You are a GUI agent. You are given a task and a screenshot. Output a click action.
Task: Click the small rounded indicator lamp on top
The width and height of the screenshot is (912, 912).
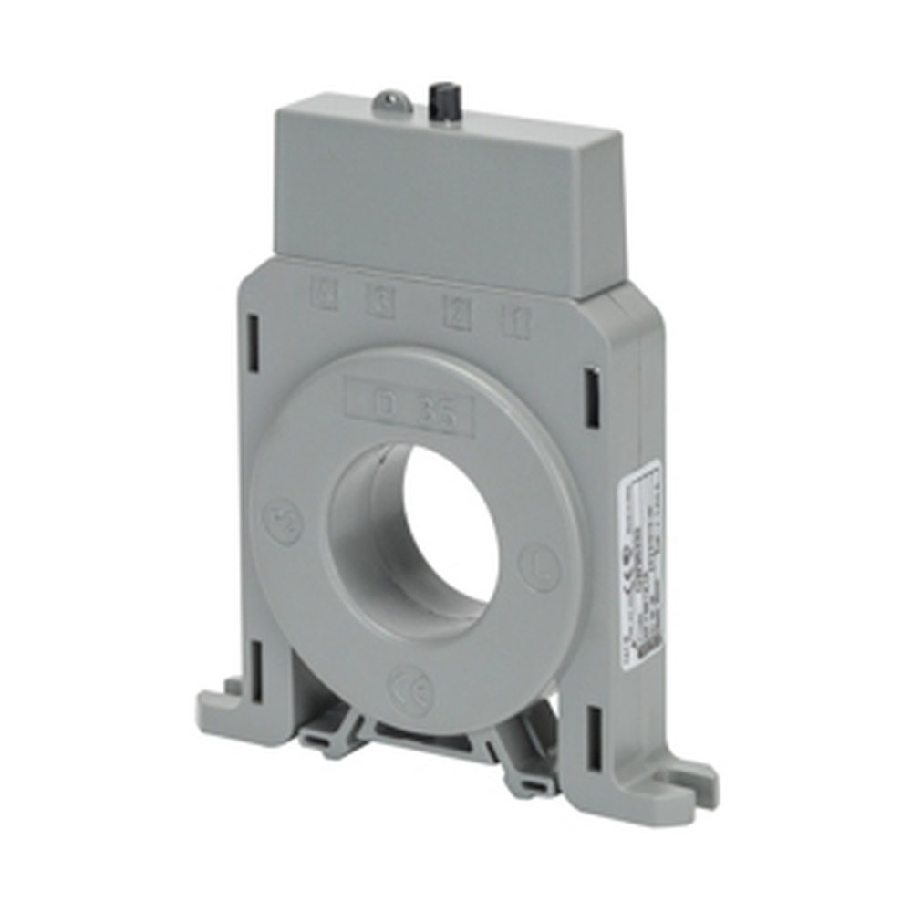391,101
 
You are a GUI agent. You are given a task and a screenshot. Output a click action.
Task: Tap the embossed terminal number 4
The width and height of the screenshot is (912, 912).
324,295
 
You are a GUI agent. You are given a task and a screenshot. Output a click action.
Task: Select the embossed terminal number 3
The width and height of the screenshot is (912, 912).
381,302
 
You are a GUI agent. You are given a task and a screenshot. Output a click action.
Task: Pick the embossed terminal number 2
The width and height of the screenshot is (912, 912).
457,313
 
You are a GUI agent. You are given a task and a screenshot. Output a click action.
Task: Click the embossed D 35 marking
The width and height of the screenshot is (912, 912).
410,408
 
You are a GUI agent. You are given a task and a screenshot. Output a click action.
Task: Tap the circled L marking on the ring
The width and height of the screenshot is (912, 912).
539,566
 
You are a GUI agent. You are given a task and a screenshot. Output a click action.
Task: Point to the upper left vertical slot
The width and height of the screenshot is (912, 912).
254,336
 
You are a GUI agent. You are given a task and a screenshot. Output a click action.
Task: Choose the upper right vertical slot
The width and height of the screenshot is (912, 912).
593,397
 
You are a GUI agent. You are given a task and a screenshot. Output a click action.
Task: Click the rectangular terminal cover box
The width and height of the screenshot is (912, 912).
447,196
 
